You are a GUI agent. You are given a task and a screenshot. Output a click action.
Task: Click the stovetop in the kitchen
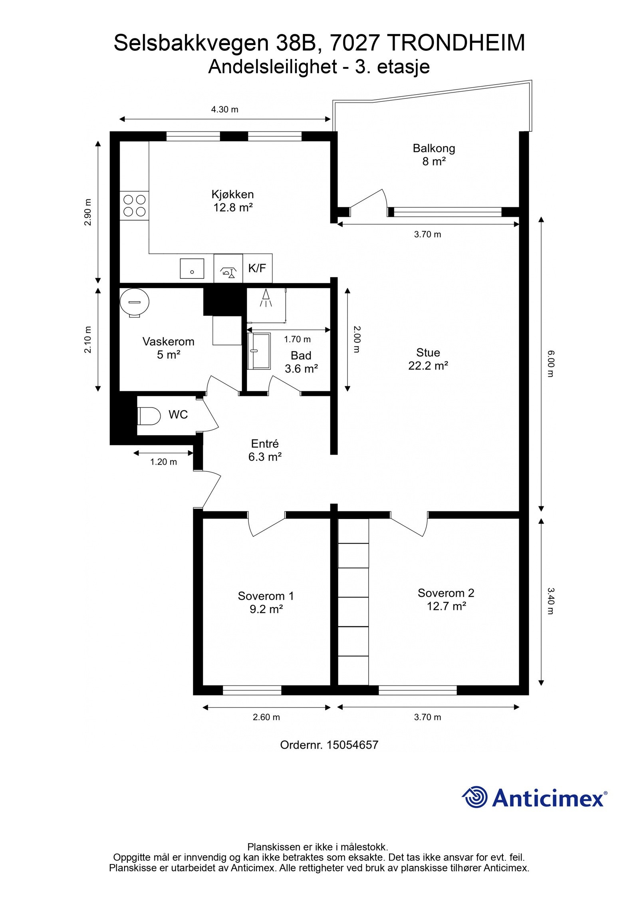[x=134, y=205]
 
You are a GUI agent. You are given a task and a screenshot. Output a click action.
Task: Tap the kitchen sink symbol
[x=192, y=268]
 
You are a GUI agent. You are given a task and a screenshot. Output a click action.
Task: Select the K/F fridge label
[x=257, y=268]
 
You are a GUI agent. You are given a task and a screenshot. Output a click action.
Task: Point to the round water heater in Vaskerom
[x=135, y=302]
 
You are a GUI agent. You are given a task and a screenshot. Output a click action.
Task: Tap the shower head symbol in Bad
[x=266, y=298]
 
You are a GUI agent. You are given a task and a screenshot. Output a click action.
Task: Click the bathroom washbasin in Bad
[x=259, y=351]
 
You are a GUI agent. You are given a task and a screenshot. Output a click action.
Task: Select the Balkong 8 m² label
[x=434, y=155]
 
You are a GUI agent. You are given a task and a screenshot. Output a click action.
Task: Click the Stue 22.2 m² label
[x=428, y=359]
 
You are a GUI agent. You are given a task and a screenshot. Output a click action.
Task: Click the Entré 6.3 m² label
[x=265, y=450]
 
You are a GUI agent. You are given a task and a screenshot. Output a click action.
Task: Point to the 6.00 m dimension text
[x=550, y=364]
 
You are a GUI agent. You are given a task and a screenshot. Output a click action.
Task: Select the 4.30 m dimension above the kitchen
[x=225, y=109]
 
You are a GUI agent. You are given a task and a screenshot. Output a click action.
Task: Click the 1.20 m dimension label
[x=163, y=462]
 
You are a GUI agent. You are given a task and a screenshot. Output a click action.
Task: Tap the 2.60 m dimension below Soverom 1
[x=266, y=717]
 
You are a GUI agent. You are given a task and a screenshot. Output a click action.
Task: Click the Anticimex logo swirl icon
[x=474, y=797]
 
